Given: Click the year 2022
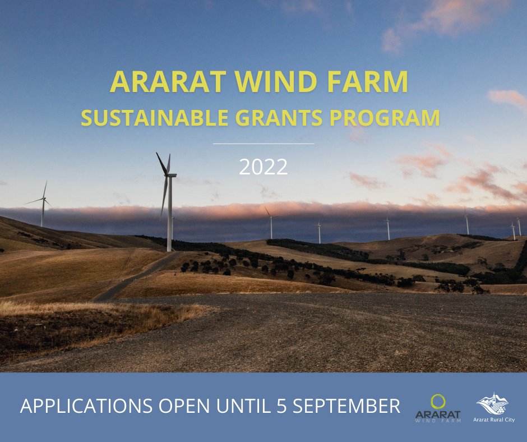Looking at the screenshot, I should [263, 167].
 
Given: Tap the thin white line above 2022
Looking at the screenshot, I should [263, 144].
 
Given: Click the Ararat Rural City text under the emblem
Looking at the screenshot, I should [494, 420].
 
